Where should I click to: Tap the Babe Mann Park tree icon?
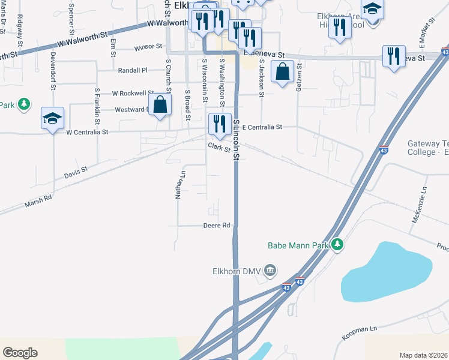(x=337, y=245)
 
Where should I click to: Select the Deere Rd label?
(x=217, y=226)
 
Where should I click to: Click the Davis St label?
(x=76, y=173)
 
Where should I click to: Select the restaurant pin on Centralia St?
(x=217, y=124)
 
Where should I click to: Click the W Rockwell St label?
(x=129, y=94)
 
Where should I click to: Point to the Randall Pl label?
(x=133, y=70)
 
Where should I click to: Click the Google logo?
(x=20, y=353)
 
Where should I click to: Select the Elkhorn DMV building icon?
(x=270, y=271)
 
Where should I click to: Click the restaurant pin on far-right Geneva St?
(x=394, y=56)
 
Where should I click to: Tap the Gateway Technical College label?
(x=428, y=148)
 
